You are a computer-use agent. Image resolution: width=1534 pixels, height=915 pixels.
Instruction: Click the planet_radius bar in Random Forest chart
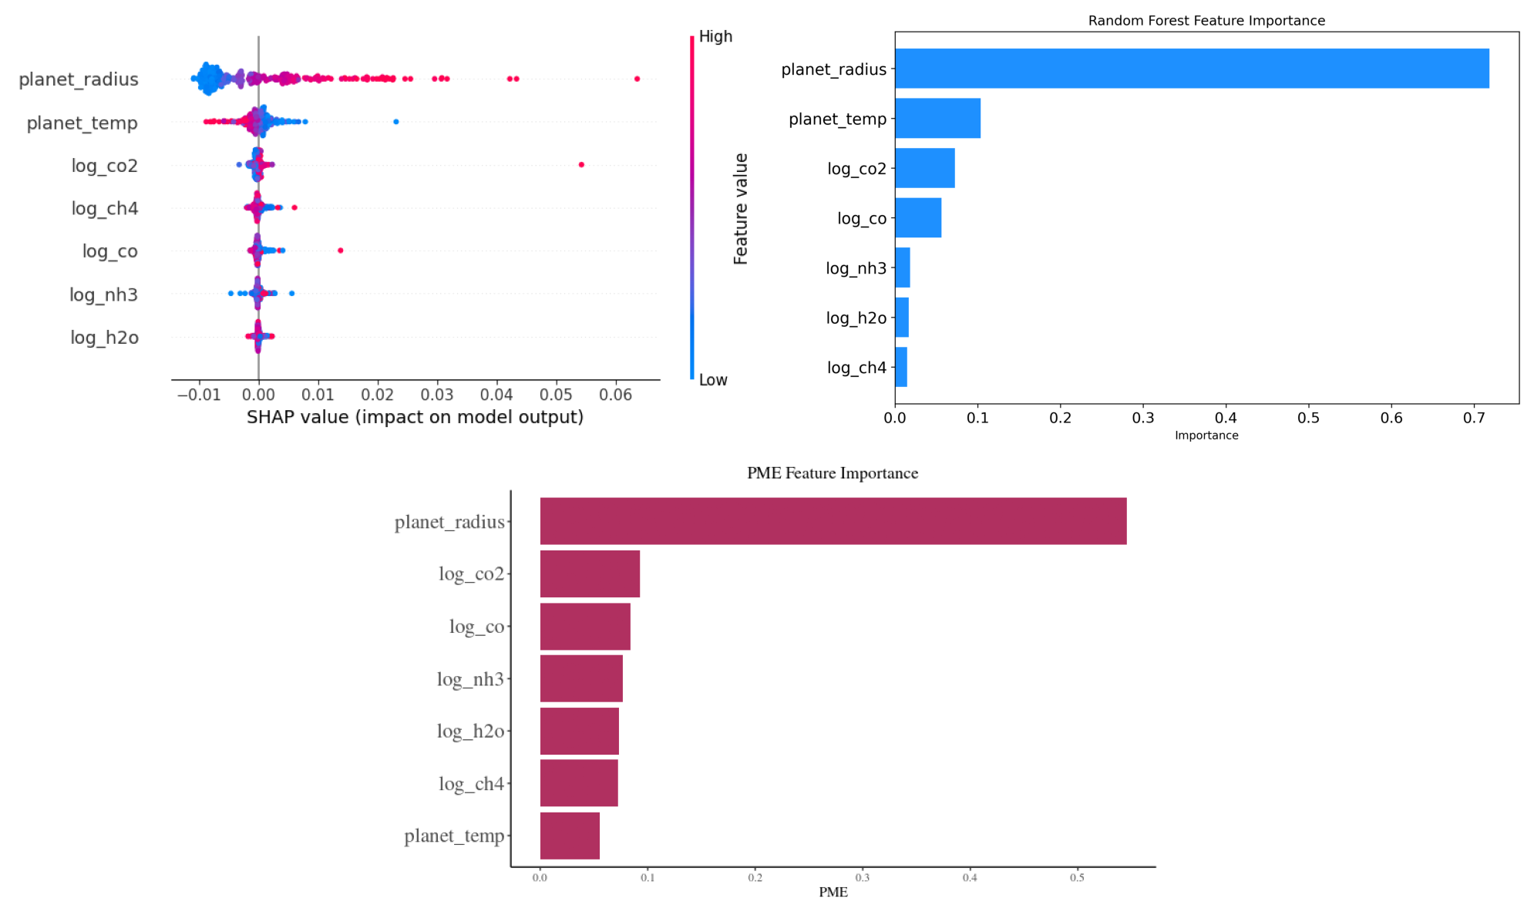(1191, 69)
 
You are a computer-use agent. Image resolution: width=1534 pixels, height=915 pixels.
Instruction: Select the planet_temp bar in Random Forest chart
(937, 118)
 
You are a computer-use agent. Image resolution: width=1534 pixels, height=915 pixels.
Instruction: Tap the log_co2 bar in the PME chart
(590, 574)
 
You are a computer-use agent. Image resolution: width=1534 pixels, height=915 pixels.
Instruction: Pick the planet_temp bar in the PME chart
(570, 836)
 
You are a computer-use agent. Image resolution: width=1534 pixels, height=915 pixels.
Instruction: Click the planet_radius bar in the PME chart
(833, 521)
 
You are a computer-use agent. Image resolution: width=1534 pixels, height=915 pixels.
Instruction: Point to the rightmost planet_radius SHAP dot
(637, 79)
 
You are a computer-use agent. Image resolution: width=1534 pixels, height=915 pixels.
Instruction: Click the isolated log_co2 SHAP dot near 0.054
(581, 165)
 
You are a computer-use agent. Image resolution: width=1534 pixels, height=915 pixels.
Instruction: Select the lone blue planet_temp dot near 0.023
(396, 122)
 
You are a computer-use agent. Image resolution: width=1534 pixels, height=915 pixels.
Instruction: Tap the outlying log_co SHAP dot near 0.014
(341, 251)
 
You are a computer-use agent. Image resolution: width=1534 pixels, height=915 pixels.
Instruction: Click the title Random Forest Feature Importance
(1206, 21)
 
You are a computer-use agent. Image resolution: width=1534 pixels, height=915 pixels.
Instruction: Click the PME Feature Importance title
(833, 473)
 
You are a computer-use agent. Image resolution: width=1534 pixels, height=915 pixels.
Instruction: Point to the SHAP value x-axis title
(415, 417)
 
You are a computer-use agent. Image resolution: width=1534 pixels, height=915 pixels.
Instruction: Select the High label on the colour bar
(715, 37)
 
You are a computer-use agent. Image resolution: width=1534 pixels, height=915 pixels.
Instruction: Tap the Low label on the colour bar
(713, 380)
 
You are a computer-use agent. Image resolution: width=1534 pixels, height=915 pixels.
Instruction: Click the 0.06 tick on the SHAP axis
(615, 395)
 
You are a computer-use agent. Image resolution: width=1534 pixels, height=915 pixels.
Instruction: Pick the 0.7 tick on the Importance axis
(1474, 418)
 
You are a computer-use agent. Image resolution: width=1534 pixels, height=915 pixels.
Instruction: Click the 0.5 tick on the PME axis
(1077, 878)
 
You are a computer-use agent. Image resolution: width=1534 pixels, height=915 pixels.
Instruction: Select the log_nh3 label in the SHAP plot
(103, 294)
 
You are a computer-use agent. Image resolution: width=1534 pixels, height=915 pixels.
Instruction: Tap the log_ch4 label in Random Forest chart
(856, 368)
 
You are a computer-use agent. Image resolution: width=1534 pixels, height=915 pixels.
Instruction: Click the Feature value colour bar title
(741, 209)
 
